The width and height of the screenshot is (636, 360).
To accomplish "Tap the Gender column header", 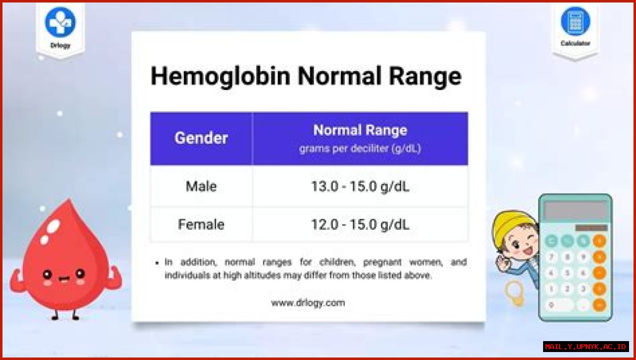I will tap(201, 138).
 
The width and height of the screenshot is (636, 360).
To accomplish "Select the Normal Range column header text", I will tap(360, 130).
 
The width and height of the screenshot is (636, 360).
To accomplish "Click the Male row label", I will tap(201, 186).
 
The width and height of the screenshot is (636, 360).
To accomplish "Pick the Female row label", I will tap(201, 224).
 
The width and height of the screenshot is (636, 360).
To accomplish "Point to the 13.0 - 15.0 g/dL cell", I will tap(360, 186).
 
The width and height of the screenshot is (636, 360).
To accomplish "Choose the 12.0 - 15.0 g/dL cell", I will tap(360, 224).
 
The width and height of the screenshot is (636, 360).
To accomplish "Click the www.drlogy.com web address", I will tap(308, 302).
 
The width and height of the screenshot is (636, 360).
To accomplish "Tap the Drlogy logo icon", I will tap(60, 22).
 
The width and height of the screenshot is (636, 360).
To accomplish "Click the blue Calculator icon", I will tap(575, 21).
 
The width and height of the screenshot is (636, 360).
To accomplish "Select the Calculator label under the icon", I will tap(575, 43).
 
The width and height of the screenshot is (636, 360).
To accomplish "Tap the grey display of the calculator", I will tap(575, 210).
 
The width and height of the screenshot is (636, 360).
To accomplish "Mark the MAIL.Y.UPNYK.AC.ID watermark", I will tap(586, 347).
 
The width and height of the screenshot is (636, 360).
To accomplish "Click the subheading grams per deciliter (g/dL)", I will tap(360, 149).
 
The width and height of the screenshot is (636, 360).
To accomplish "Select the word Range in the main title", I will tap(425, 76).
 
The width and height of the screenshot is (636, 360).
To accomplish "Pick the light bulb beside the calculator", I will tap(515, 293).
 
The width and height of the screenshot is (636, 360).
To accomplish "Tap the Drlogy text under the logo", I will tap(60, 46).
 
